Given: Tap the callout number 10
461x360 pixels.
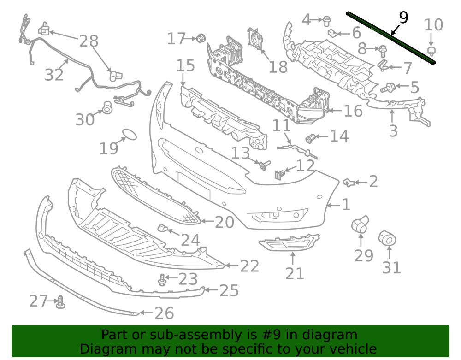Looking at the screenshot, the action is click(433, 25).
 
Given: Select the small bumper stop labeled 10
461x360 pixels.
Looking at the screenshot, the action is click(431, 51).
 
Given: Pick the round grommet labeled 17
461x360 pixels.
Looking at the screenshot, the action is click(201, 38).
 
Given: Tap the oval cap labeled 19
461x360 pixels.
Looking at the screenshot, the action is click(129, 134).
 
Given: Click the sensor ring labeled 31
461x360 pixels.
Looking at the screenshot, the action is click(387, 238).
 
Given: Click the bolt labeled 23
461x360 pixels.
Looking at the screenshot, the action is click(161, 279).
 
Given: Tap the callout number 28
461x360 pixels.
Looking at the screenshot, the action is click(89, 41).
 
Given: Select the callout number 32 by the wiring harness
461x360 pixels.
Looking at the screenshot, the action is click(54, 75).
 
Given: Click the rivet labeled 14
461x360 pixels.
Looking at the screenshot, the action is click(310, 138).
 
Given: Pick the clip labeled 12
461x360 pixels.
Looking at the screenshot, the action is click(280, 174).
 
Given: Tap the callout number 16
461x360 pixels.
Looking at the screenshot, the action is click(353, 111).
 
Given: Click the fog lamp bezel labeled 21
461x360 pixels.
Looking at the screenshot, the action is click(290, 242).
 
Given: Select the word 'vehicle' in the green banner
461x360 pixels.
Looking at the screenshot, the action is click(354, 349).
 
